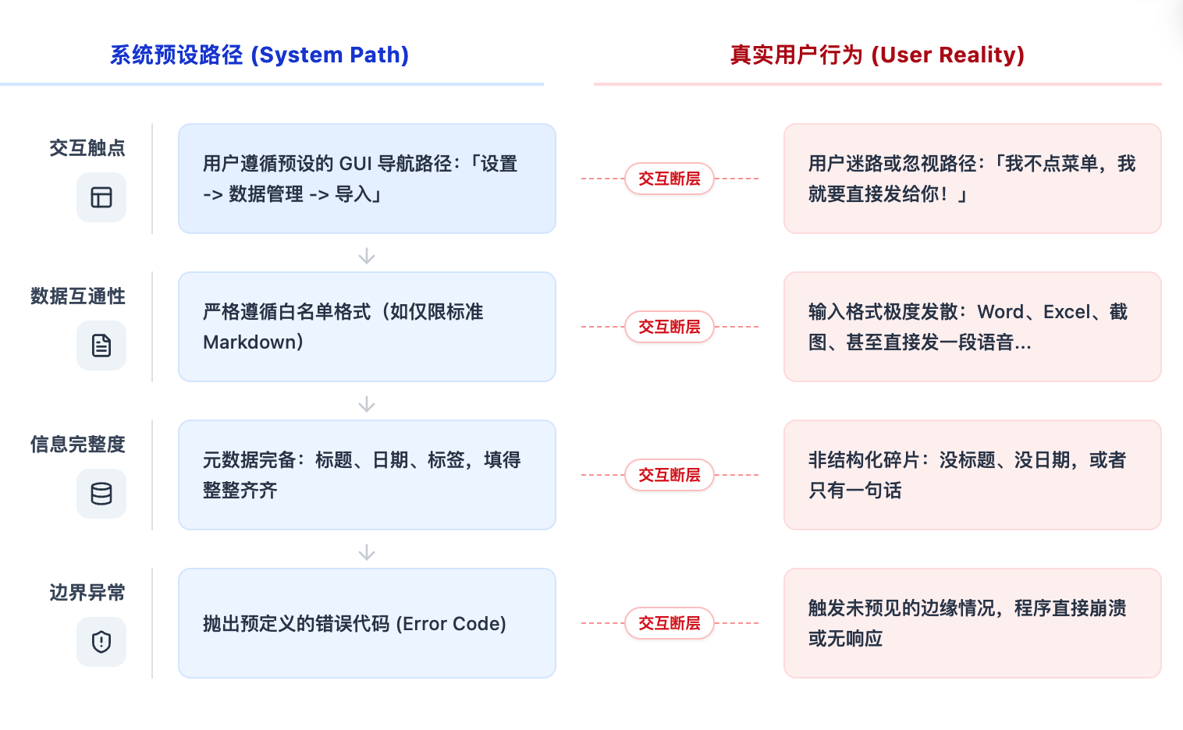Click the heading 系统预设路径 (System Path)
[x=259, y=55]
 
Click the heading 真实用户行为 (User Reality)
[x=877, y=55]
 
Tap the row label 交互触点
[x=87, y=148]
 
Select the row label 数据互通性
[x=78, y=296]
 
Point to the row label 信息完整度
[x=78, y=445]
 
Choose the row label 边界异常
[x=87, y=593]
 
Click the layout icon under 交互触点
[x=101, y=197]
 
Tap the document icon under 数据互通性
[x=101, y=346]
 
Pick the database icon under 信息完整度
[x=101, y=494]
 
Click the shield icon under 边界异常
[x=101, y=642]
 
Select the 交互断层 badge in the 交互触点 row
[x=670, y=179]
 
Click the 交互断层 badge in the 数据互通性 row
[x=670, y=327]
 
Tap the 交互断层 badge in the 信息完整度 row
[x=670, y=475]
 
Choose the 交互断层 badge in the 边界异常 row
[x=670, y=623]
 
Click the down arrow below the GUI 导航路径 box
[x=367, y=256]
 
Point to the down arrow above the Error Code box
[x=367, y=552]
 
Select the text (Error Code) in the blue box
[x=451, y=624]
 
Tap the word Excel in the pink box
[x=1067, y=312]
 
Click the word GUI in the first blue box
[x=356, y=164]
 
